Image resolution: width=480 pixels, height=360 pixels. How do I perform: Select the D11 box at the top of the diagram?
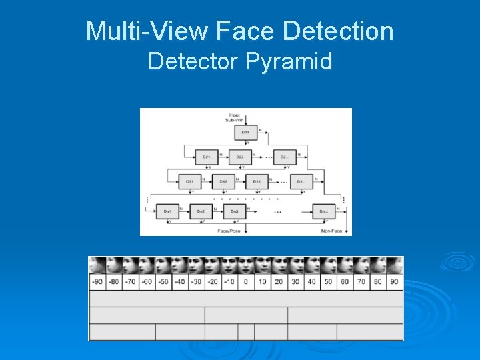tap(246, 133)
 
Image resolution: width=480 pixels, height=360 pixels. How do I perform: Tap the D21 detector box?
tap(207, 157)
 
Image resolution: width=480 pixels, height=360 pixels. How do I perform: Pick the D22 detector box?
tap(240, 157)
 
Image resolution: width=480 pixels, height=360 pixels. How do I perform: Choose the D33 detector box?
tap(257, 181)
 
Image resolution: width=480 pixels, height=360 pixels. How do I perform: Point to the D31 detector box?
tap(190, 181)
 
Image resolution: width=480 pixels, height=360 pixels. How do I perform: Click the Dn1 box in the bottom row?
tap(167, 211)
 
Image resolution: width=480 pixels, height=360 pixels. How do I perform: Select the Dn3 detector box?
tap(234, 211)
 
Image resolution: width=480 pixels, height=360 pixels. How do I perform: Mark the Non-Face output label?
tap(331, 231)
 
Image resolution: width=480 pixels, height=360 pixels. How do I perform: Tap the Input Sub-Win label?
tap(234, 117)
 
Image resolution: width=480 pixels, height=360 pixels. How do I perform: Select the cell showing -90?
tap(97, 282)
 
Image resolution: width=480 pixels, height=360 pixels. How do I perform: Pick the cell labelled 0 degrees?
tap(245, 282)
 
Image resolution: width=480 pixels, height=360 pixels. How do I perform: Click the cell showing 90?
tap(394, 282)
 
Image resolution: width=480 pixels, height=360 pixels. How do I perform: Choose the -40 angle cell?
tap(179, 282)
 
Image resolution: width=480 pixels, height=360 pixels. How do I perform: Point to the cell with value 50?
tap(328, 282)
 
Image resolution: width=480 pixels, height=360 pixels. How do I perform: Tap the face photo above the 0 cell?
tap(245, 265)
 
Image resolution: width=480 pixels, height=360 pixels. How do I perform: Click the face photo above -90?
tap(97, 265)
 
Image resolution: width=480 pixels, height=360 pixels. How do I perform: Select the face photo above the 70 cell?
tap(361, 265)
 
